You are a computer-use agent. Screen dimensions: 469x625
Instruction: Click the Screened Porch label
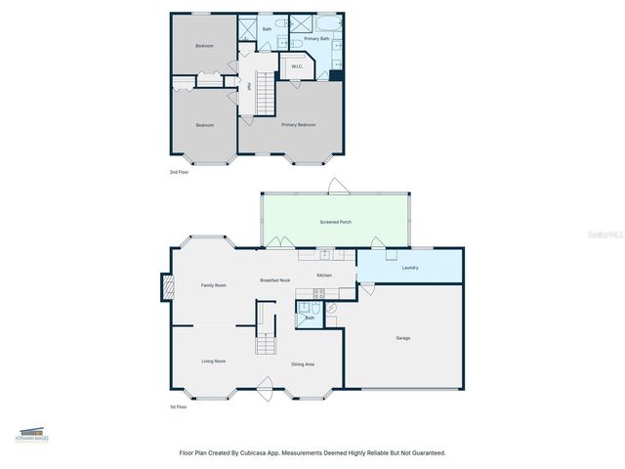point(336,223)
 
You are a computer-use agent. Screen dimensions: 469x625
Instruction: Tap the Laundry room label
point(410,267)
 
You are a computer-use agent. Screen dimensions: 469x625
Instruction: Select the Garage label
point(403,338)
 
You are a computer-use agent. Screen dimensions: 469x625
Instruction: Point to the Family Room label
point(214,285)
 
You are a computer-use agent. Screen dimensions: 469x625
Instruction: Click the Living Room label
point(214,362)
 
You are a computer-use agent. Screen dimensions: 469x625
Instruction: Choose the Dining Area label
point(303,364)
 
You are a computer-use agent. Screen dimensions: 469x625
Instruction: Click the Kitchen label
point(323,276)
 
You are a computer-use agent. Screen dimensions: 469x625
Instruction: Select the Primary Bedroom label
point(299,125)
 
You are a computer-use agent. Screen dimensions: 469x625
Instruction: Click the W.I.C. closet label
point(297,66)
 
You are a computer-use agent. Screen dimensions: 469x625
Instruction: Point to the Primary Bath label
point(316,39)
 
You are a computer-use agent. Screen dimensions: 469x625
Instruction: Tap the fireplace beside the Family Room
point(167,286)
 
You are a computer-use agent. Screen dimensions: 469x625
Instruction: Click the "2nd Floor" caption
point(180,172)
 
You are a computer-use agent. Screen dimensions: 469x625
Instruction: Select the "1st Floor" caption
point(179,406)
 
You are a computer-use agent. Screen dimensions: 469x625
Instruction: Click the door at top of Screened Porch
point(336,186)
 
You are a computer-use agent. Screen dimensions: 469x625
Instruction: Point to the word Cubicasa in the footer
point(280,453)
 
